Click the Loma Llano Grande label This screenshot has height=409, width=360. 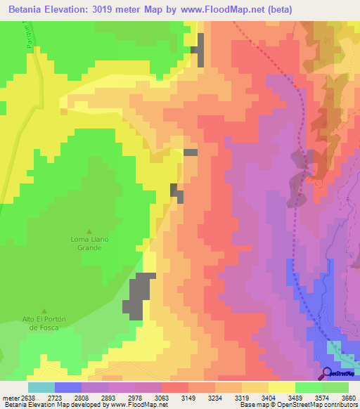click(89, 243)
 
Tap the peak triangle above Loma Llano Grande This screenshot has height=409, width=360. click(89, 232)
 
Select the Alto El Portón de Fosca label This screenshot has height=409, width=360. click(44, 324)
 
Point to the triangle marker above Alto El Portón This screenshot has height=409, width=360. click(44, 311)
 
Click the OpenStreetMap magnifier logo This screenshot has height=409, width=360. click(326, 372)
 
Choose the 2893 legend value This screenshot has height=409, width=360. click(108, 397)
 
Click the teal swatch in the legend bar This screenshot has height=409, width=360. click(41, 387)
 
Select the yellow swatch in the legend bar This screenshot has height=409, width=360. click(281, 387)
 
